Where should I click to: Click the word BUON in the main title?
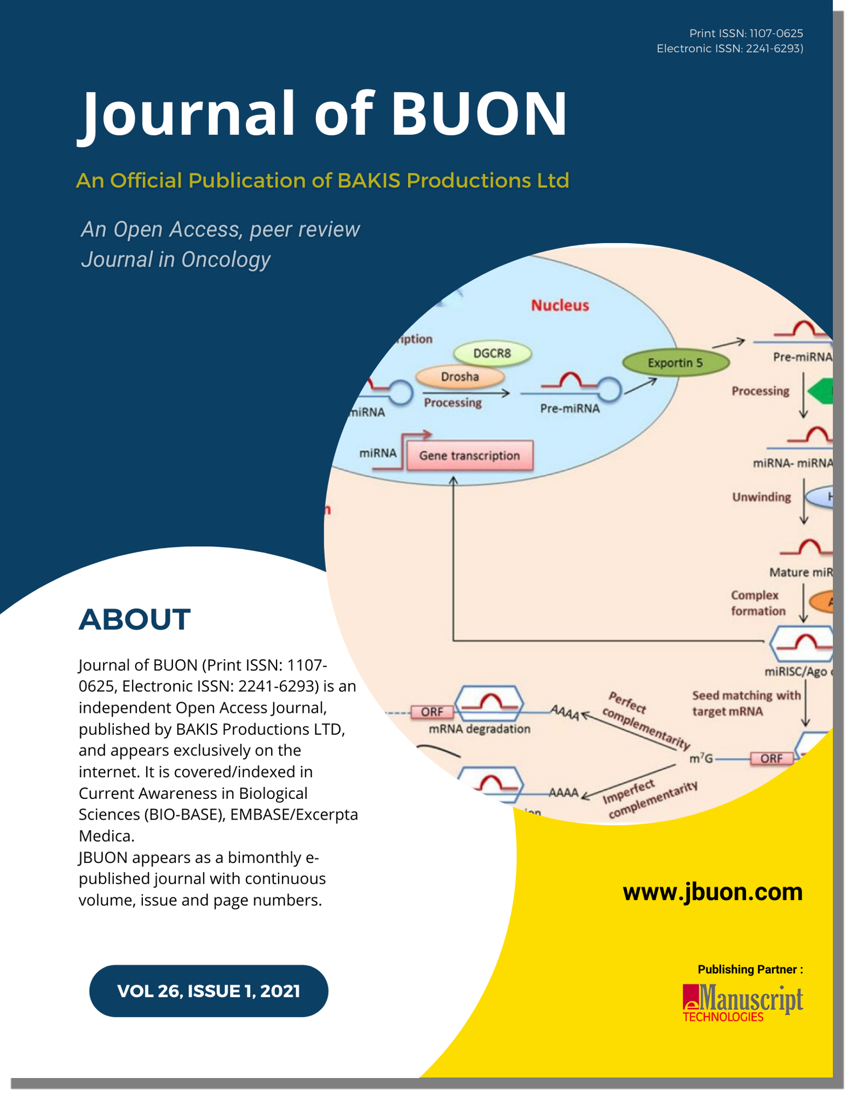point(479,113)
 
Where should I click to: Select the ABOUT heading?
point(135,619)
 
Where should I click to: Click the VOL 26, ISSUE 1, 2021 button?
point(209,991)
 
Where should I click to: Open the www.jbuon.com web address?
point(712,892)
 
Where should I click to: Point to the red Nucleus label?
point(560,306)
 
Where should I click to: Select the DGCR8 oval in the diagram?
point(492,354)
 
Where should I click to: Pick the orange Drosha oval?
point(460,377)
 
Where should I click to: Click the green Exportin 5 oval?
point(675,363)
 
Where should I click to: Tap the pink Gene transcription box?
point(469,456)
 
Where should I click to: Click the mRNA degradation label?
point(479,729)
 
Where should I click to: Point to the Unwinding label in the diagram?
point(761,497)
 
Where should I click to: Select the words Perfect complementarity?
point(646,720)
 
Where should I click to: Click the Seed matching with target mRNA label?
point(746,704)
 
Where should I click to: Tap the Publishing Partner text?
point(750,970)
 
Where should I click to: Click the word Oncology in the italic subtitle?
point(226,260)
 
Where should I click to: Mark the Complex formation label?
point(758,603)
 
